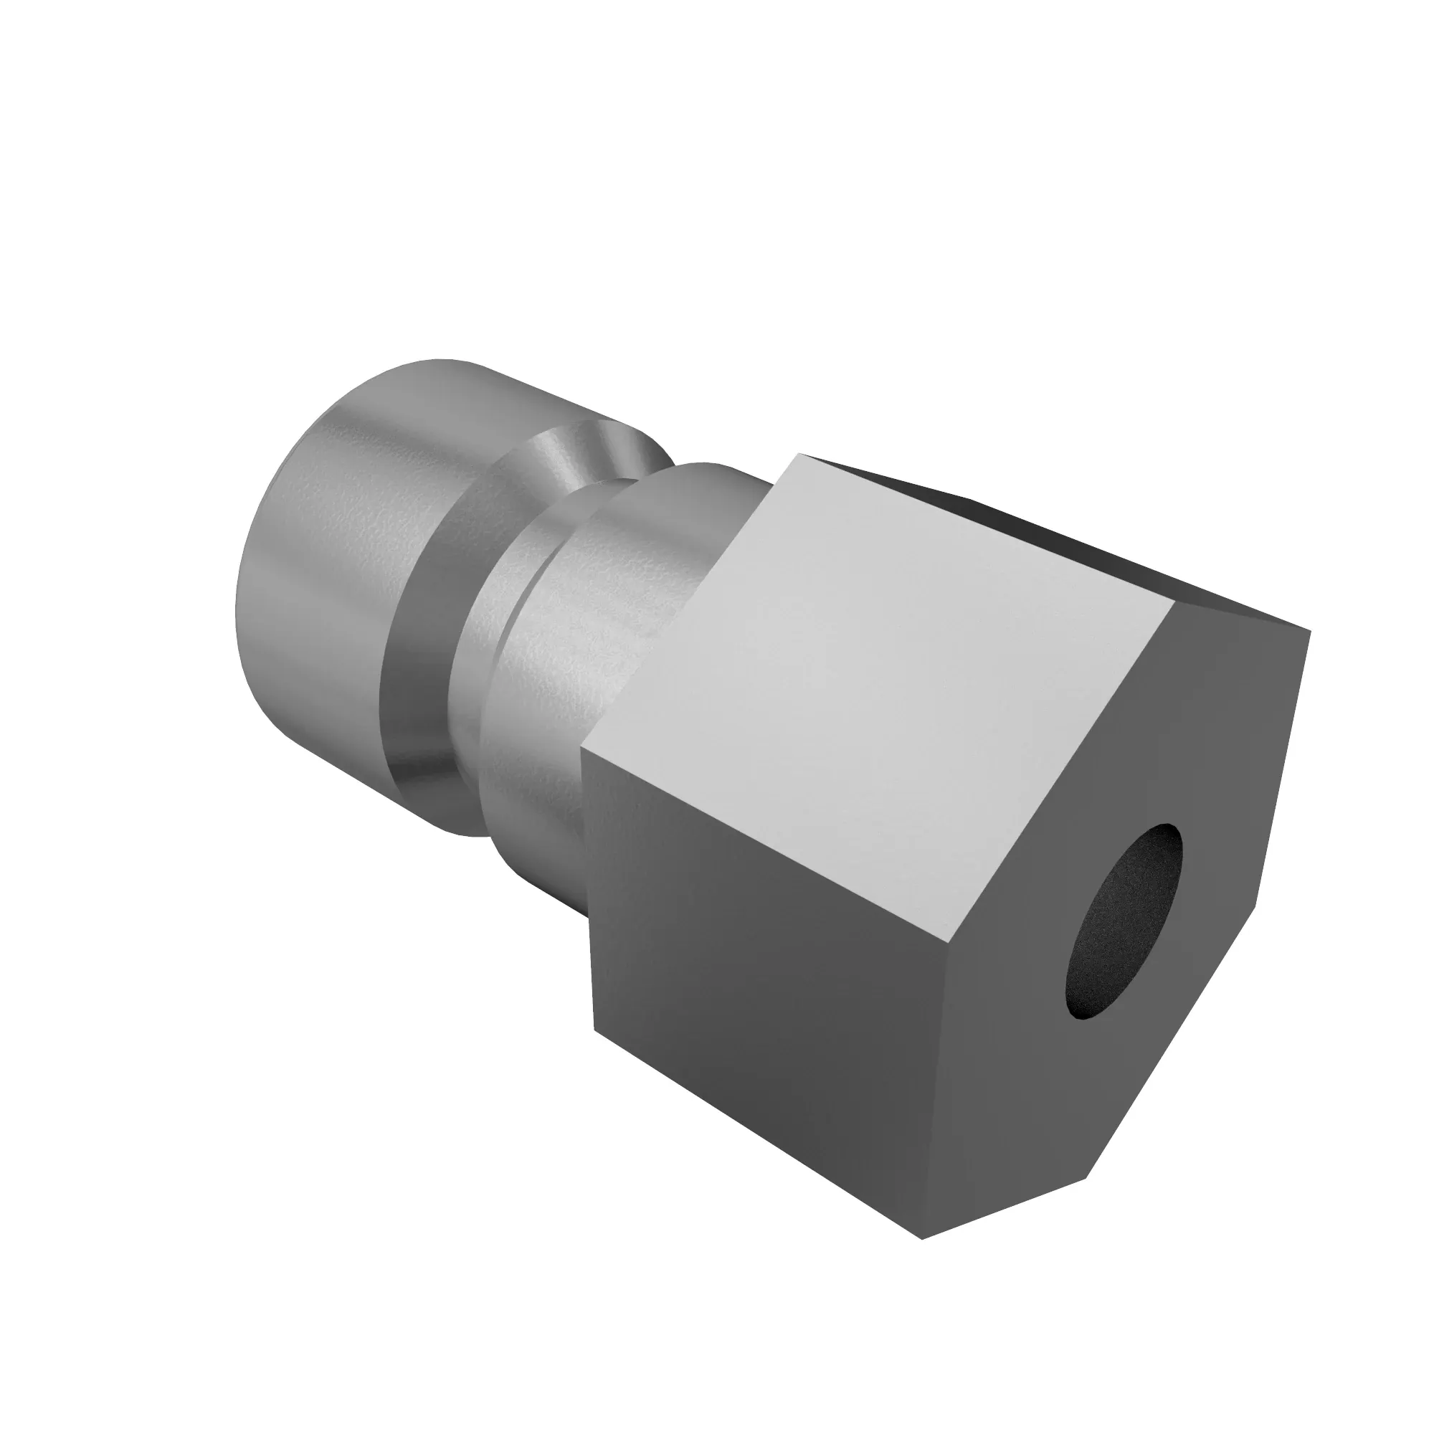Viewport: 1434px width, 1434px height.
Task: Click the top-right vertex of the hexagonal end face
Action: coord(1310,631)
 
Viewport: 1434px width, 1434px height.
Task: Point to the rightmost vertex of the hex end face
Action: coord(1310,631)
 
